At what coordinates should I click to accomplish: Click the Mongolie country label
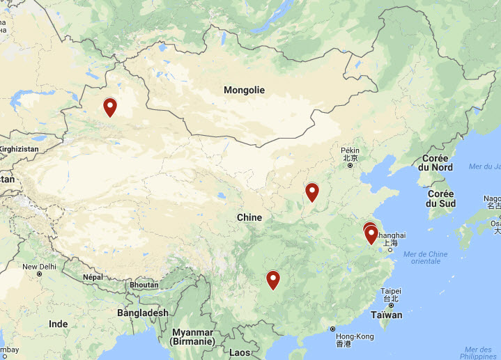tap(244, 90)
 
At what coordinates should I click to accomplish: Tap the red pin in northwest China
tap(110, 107)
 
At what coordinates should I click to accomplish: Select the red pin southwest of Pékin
tap(312, 191)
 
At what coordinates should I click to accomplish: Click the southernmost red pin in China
tap(273, 280)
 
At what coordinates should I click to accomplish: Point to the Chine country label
tap(249, 217)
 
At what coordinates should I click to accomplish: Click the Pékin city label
tap(350, 150)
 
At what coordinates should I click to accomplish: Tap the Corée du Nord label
tap(436, 163)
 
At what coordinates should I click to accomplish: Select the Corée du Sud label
tap(442, 198)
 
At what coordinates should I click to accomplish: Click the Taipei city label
tap(390, 291)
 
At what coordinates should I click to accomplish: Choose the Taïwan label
tap(386, 315)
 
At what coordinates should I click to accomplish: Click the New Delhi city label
tap(40, 267)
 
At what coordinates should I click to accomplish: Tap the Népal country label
tap(93, 276)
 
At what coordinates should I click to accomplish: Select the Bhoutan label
tap(144, 285)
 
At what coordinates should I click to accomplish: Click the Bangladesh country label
tap(143, 313)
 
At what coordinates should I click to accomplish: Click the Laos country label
tap(239, 352)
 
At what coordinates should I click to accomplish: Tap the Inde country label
tap(59, 324)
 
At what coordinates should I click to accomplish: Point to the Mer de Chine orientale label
tap(425, 257)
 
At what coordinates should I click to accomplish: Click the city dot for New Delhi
tap(40, 274)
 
